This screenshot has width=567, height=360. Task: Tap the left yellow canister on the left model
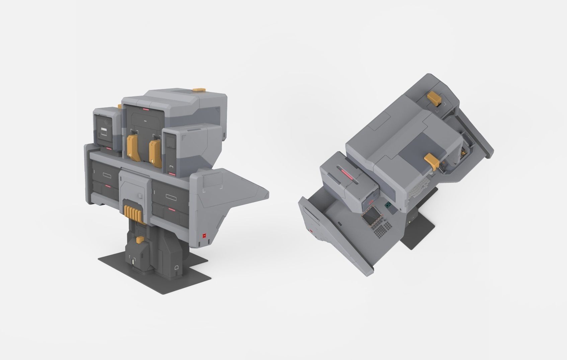[x=132, y=148]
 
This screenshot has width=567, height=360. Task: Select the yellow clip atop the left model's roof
[x=198, y=89]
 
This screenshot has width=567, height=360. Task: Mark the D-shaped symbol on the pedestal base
[x=176, y=267]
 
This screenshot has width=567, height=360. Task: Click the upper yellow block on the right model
[x=435, y=98]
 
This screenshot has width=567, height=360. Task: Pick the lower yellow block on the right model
[x=432, y=161]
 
